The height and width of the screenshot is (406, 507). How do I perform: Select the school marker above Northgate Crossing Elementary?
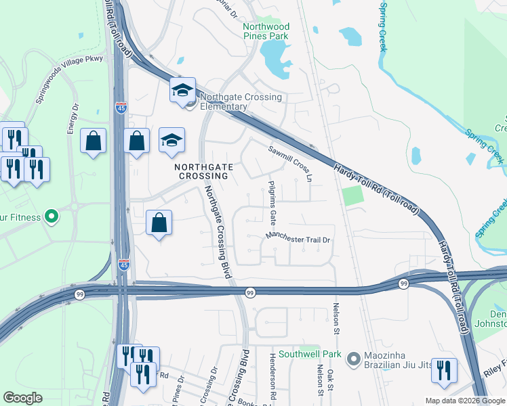click(182, 91)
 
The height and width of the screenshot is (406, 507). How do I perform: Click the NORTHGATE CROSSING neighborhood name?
click(204, 171)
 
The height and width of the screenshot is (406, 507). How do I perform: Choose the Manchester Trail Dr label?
click(298, 239)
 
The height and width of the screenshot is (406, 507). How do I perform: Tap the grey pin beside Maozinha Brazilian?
click(352, 358)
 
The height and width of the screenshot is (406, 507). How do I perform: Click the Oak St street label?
click(331, 380)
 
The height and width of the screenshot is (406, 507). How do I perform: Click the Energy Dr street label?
click(72, 118)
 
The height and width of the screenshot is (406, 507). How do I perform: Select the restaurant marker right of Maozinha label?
click(444, 371)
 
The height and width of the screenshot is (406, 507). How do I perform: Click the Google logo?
click(23, 398)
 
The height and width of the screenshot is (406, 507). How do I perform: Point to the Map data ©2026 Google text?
click(465, 401)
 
